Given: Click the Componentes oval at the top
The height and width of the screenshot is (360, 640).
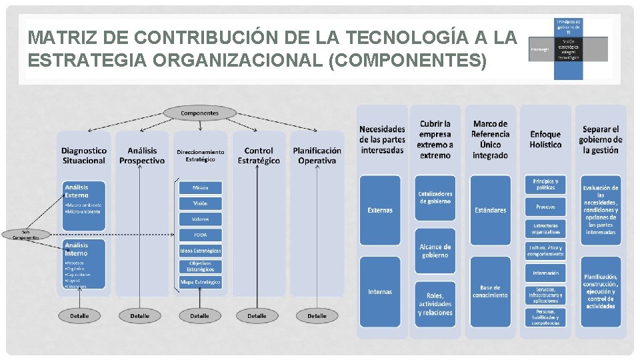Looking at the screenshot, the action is click(x=199, y=113).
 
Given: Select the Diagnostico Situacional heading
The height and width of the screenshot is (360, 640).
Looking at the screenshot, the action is click(x=84, y=155).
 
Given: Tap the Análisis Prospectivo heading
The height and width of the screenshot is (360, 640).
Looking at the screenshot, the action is click(x=142, y=155).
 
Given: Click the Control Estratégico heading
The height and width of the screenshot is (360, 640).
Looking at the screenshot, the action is click(x=259, y=155).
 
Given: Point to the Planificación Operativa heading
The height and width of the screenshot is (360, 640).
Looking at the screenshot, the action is click(x=317, y=155).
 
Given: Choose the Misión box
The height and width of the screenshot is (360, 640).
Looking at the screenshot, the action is click(x=200, y=188).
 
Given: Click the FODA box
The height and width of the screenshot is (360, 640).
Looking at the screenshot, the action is click(x=200, y=235).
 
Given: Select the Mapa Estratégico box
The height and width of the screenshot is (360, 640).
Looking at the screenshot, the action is click(x=200, y=282).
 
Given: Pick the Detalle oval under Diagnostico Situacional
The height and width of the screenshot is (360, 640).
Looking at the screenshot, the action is click(x=79, y=315).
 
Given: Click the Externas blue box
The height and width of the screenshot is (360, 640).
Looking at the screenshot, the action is click(x=380, y=210).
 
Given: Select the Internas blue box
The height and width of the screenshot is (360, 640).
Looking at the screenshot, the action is click(x=380, y=291).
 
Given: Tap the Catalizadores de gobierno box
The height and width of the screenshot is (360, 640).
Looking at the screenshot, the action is click(x=435, y=197).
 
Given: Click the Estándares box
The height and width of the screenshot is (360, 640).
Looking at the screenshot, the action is click(x=490, y=210).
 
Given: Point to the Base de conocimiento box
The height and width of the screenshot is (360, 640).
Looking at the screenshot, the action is click(x=490, y=291).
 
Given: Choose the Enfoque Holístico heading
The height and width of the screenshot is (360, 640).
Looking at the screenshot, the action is click(x=545, y=139).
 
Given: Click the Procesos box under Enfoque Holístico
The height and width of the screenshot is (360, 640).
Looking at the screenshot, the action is click(x=545, y=207).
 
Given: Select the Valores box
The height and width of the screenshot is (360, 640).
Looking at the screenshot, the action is click(x=200, y=219).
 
